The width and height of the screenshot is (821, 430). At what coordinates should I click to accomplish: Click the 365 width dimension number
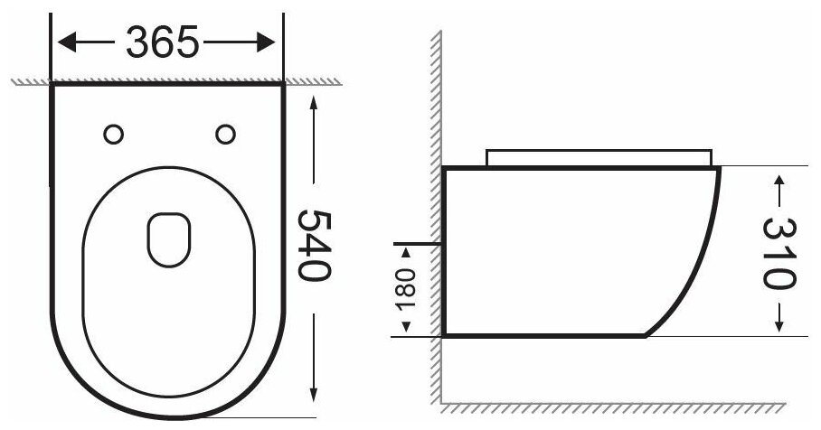pos(163,42)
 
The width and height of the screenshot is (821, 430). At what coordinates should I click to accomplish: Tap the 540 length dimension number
pos(314,246)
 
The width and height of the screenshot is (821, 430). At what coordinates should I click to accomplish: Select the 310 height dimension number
pos(779,253)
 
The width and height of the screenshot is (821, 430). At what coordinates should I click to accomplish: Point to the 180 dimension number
pos(405,289)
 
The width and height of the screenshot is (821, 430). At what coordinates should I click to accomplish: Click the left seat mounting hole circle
pos(114,135)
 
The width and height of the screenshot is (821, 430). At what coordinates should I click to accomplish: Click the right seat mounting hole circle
pos(226,135)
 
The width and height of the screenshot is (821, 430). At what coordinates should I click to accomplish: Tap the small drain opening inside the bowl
pos(169,239)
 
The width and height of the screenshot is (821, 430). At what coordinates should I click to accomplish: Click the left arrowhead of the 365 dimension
pos(67,42)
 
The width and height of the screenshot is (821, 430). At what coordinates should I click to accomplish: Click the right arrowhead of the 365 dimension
pos(266,42)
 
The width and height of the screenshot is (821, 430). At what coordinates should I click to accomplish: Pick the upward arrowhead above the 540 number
pos(314,102)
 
